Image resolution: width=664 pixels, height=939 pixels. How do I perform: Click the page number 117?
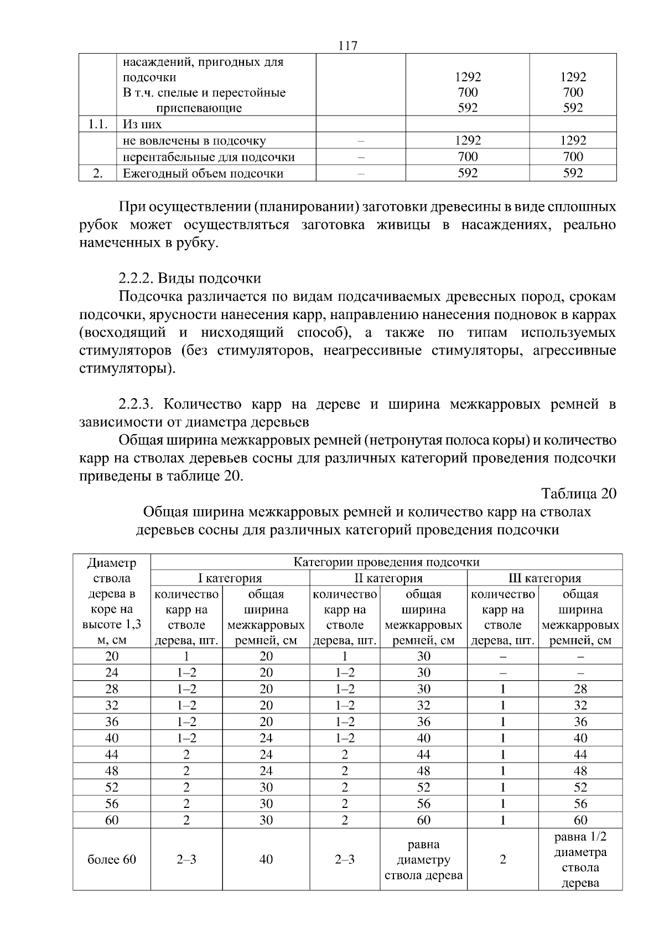point(347,46)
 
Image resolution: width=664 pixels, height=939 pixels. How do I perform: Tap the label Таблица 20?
point(578,494)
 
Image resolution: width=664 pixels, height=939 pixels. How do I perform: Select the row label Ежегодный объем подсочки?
point(203,174)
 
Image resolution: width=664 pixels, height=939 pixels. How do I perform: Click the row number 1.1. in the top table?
point(97,124)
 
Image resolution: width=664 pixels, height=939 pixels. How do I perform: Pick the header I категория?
point(230,578)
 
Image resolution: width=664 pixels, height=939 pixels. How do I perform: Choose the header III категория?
point(544,578)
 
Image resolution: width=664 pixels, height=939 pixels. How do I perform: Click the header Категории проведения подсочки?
point(386,562)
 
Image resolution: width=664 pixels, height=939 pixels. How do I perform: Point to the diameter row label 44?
point(112,755)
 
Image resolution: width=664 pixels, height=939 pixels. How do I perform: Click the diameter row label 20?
point(112,656)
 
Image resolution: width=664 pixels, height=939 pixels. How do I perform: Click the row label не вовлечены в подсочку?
point(194,141)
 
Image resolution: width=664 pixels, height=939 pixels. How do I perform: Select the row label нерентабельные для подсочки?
point(209,157)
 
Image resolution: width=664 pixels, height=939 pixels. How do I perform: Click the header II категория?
point(388,578)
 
